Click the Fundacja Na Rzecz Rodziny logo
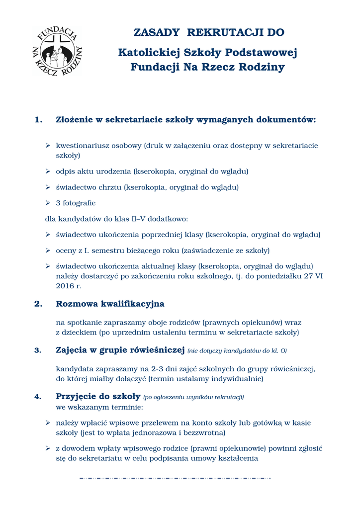click(x=57, y=52)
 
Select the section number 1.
click(x=38, y=120)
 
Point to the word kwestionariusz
click(x=82, y=146)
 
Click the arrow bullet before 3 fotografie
click(x=48, y=203)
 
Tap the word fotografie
click(x=79, y=203)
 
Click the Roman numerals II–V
click(x=145, y=219)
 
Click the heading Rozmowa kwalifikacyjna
click(x=110, y=304)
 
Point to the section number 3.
click(x=38, y=350)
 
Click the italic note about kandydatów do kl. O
click(x=237, y=351)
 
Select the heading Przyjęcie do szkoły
click(x=98, y=397)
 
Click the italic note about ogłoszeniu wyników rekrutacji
click(x=193, y=397)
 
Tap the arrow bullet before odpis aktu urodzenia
click(x=48, y=171)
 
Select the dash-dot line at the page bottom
click(x=175, y=478)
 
